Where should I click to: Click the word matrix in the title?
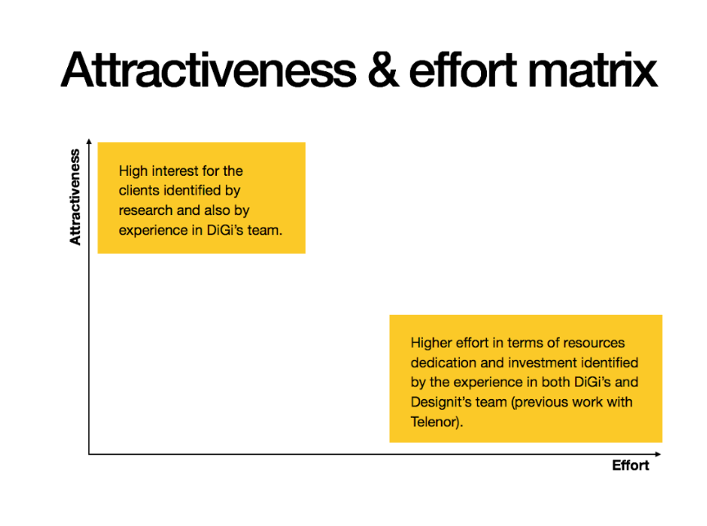pos(592,70)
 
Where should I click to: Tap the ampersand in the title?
pos(383,70)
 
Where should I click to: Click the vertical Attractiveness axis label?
pos(74,197)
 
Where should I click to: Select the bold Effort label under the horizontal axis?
pos(630,465)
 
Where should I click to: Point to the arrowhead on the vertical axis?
pos(89,142)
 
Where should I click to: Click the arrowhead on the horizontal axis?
pos(658,454)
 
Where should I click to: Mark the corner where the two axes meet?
pos(89,454)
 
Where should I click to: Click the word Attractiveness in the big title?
pos(209,70)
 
